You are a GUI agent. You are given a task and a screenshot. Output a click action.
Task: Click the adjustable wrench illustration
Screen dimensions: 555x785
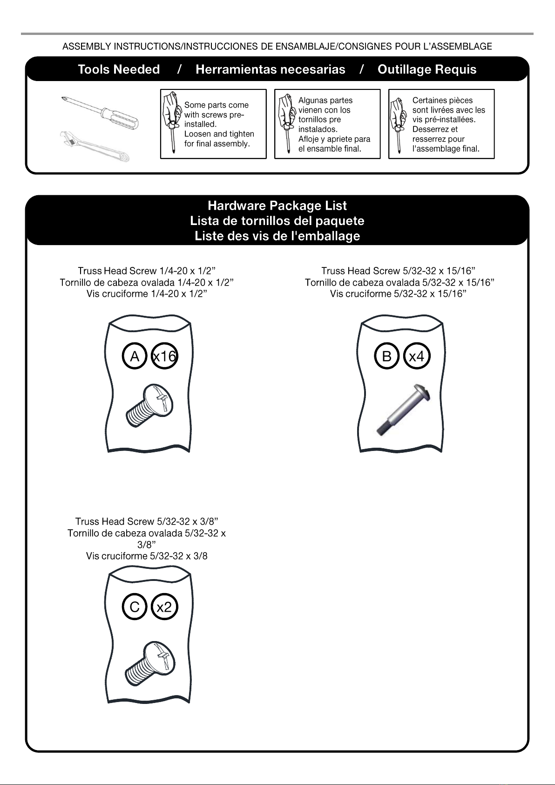pos(95,146)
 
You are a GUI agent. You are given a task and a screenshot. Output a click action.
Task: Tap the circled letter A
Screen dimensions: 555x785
pos(135,356)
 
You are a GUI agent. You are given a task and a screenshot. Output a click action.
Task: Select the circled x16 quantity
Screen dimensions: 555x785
pos(165,356)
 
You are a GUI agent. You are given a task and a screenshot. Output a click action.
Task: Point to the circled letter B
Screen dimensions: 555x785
pos(387,356)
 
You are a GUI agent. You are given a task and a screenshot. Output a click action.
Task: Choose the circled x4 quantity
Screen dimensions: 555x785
pos(417,356)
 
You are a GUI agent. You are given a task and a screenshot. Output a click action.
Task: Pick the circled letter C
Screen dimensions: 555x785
pos(135,607)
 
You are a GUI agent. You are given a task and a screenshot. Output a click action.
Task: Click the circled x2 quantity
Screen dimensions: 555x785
pos(165,607)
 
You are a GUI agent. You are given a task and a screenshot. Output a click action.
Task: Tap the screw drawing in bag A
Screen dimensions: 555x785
pos(150,405)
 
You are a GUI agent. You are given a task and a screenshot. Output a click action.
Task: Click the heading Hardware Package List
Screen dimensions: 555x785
pos(277,205)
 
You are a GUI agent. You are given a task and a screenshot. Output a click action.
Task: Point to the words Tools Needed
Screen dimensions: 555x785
pos(119,69)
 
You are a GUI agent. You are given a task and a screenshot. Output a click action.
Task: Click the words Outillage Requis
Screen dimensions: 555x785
pos(427,69)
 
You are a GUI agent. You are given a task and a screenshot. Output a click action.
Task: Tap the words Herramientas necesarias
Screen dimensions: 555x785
pos(271,69)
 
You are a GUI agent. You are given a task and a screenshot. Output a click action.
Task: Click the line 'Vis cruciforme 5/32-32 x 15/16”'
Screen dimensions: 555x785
pos(398,294)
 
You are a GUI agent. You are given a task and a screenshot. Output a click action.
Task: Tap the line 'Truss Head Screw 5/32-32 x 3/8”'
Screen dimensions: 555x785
pos(147,521)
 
